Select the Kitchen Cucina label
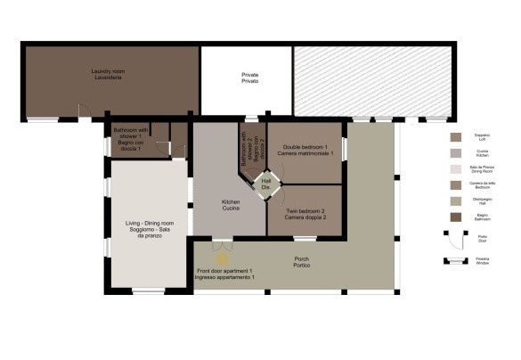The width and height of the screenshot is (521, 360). point(231,205)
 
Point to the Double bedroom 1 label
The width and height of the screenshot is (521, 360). point(305,150)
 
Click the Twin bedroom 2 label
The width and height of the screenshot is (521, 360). point(305,215)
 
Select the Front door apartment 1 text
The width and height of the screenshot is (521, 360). point(225,274)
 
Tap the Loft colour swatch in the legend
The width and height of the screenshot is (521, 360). point(456,137)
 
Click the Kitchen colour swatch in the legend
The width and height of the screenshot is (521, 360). point(456,152)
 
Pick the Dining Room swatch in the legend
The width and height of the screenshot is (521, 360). point(456,168)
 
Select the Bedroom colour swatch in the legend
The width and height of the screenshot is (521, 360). point(456,184)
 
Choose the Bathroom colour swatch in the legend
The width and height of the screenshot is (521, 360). point(456,217)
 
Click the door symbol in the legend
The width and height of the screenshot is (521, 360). point(456,239)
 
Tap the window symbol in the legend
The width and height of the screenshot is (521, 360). point(456,261)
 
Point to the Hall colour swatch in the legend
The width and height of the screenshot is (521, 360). point(456,200)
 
